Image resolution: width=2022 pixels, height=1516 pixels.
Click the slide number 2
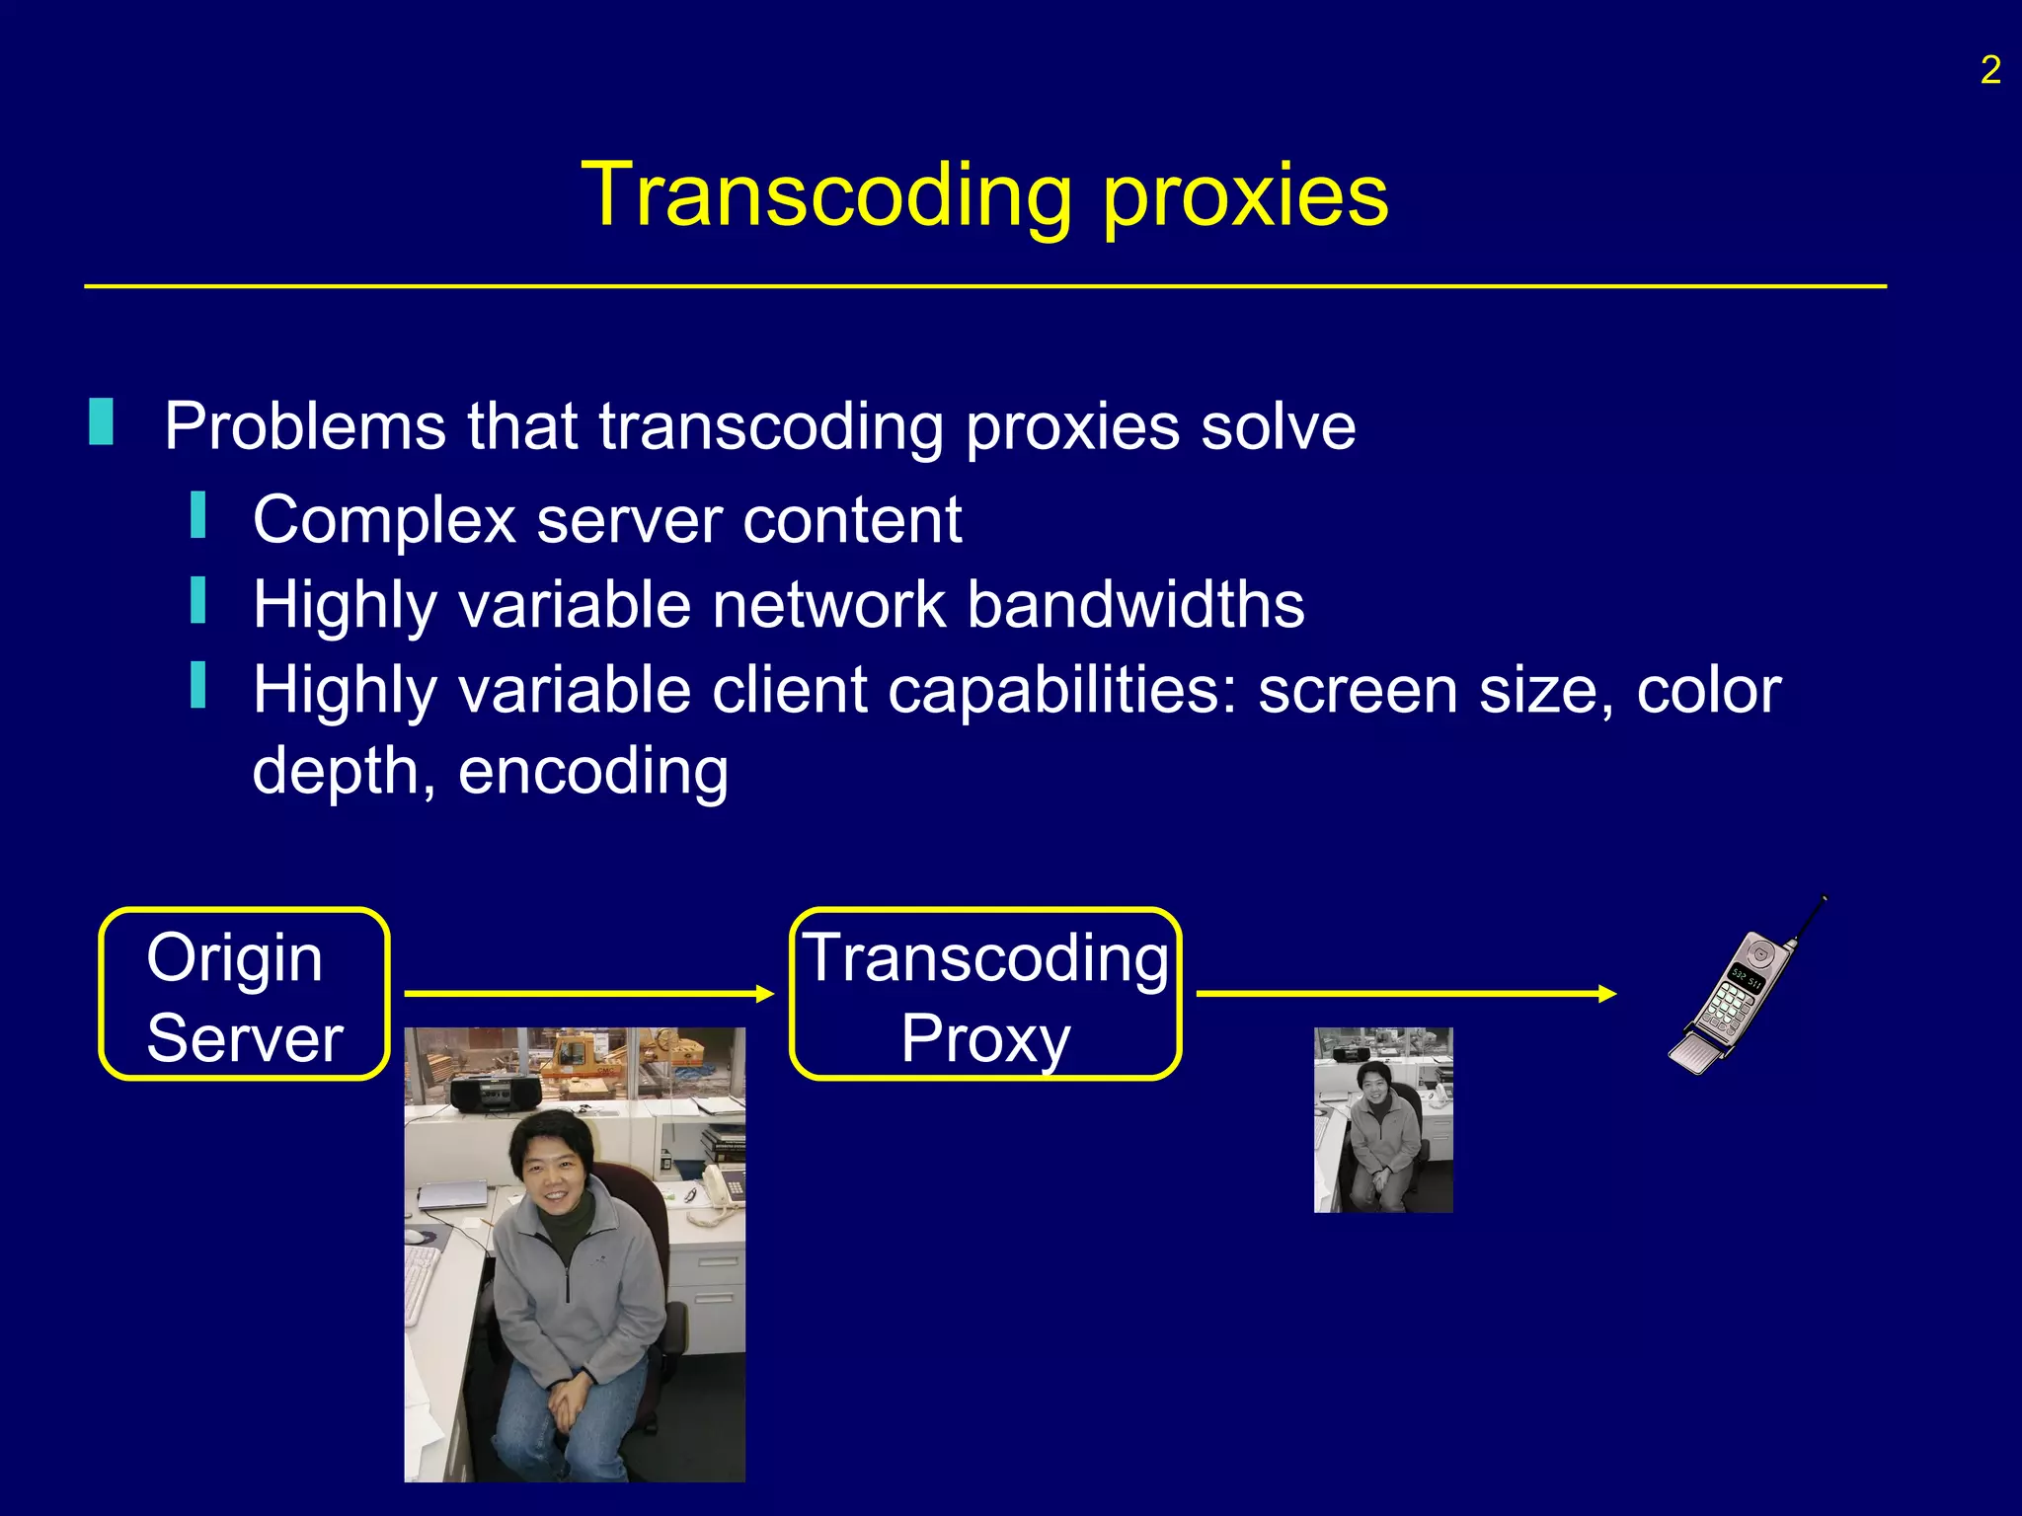(x=1989, y=71)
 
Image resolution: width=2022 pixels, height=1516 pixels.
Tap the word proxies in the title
(x=1245, y=197)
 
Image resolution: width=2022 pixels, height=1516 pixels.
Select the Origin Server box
(x=244, y=995)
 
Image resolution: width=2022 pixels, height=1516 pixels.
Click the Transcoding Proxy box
(x=985, y=995)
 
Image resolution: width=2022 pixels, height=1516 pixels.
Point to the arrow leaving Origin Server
(x=588, y=993)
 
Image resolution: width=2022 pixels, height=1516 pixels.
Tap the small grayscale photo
(x=1382, y=1119)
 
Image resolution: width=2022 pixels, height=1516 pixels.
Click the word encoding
(x=592, y=771)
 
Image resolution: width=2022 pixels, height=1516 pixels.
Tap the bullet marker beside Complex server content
(x=198, y=516)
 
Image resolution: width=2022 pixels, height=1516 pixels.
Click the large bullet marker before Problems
(x=101, y=422)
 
